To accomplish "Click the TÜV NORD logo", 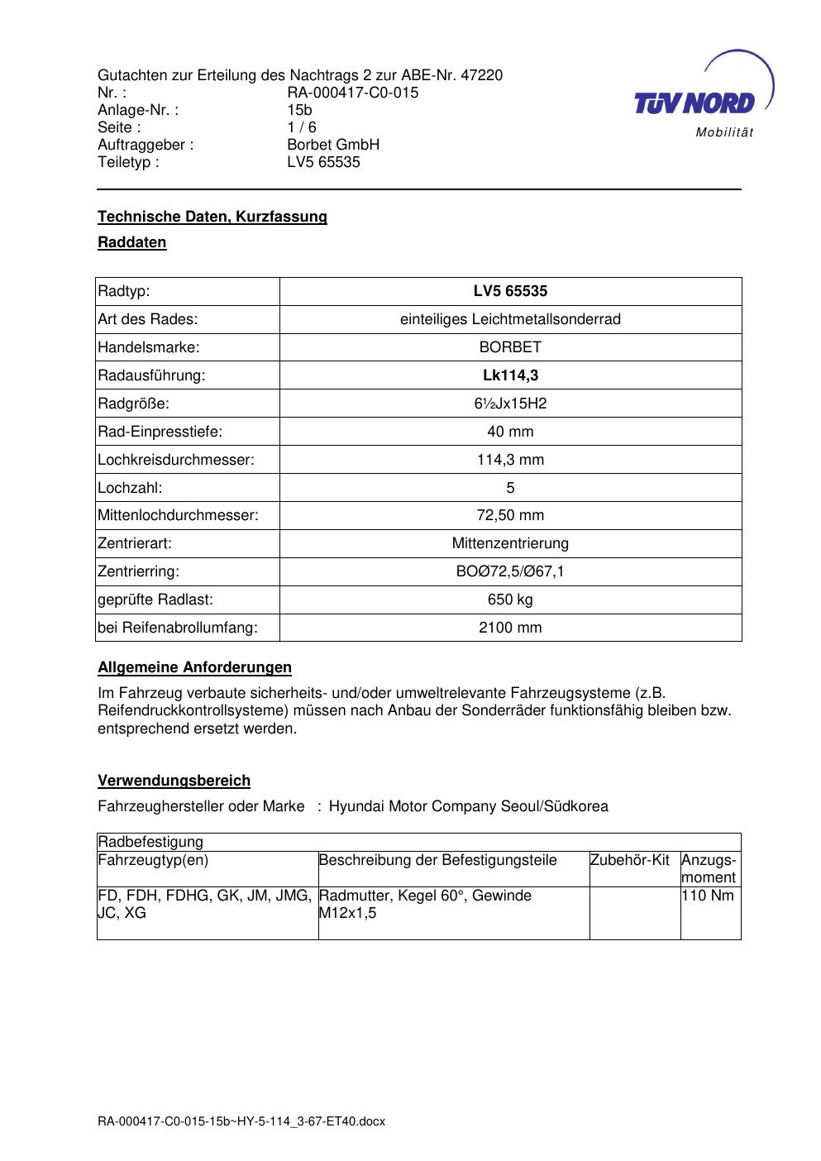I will point(695,103).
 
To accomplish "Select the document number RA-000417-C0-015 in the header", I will point(352,93).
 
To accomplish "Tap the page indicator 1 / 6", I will point(301,127).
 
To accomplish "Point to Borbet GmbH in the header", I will point(332,145).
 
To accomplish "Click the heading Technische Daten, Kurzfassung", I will point(212,217).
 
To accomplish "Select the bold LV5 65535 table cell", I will point(510,291).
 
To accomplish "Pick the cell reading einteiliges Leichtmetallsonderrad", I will point(510,319).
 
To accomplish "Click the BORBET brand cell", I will point(510,347).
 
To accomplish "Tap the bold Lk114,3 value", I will point(510,375).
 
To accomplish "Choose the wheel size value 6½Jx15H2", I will point(510,404).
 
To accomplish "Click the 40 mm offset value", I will point(510,432).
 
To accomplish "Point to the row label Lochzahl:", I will point(130,488).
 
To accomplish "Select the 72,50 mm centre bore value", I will point(510,515).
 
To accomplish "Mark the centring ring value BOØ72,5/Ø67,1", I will point(510,571).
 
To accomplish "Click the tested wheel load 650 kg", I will point(510,600).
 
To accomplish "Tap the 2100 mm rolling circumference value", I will point(510,628).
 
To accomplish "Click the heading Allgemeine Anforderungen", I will point(194,667).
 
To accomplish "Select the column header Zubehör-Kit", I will point(630,860).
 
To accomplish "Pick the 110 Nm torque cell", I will point(708,896).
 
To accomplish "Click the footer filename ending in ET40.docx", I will point(241,1122).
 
